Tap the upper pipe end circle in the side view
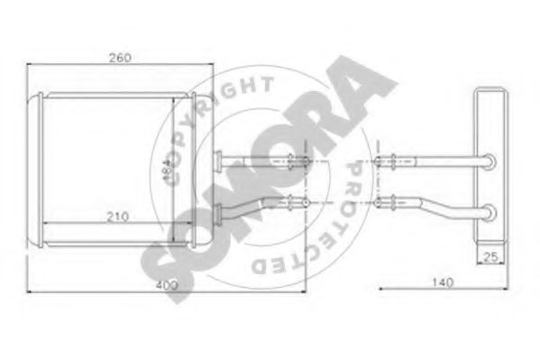click(490, 162)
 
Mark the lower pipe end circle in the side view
click(490, 214)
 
